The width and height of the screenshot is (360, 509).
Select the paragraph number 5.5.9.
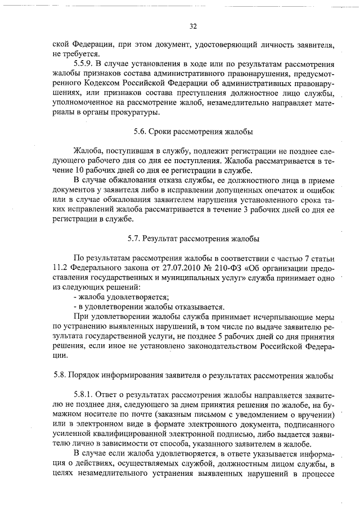tap(85, 64)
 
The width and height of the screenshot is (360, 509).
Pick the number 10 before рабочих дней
tap(79, 171)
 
